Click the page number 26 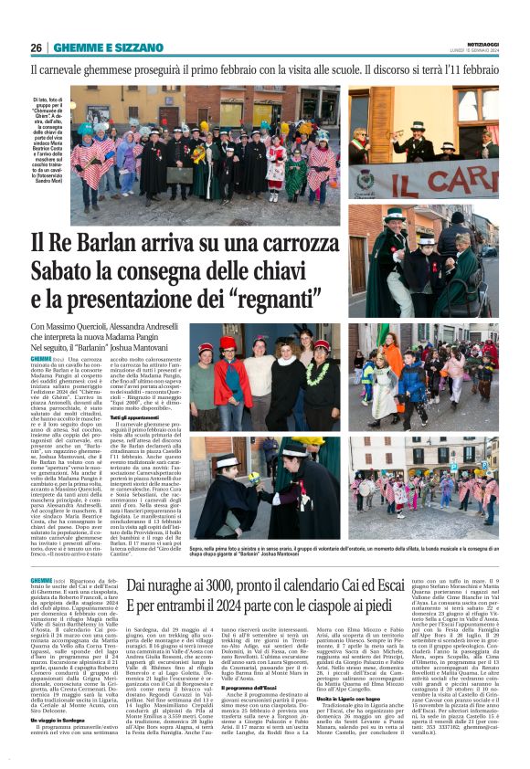(x=36, y=47)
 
